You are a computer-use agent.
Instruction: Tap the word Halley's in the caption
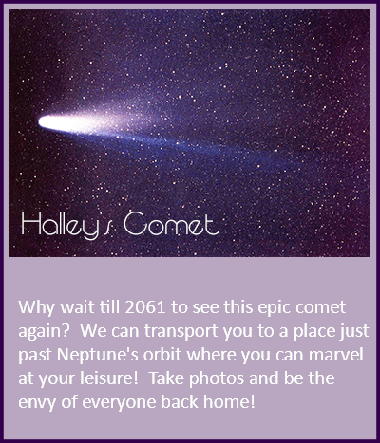pyautogui.click(x=66, y=225)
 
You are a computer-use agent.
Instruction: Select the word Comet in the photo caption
pyautogui.click(x=171, y=224)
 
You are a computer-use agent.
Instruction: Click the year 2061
pyautogui.click(x=145, y=307)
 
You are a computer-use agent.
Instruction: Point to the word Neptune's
pyautogui.click(x=98, y=355)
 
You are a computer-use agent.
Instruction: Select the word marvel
pyautogui.click(x=336, y=355)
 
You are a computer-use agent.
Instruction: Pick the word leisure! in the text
pyautogui.click(x=109, y=378)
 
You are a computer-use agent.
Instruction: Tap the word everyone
pyautogui.click(x=119, y=403)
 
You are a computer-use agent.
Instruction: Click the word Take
pyautogui.click(x=166, y=378)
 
